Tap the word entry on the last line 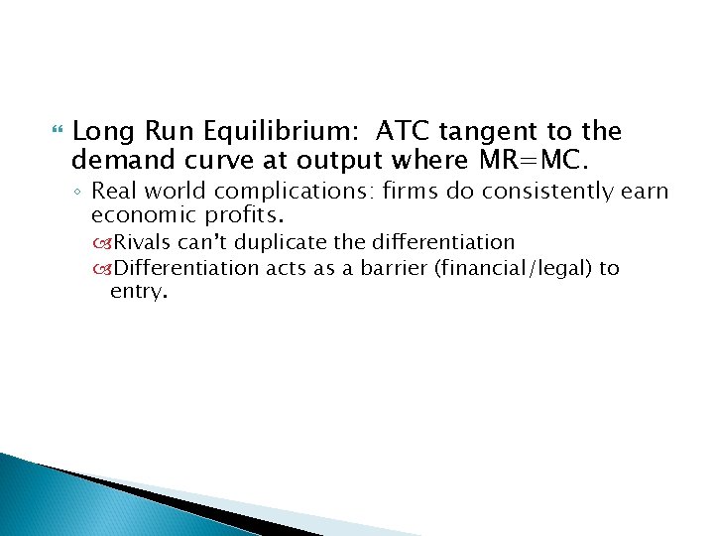[138, 292]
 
